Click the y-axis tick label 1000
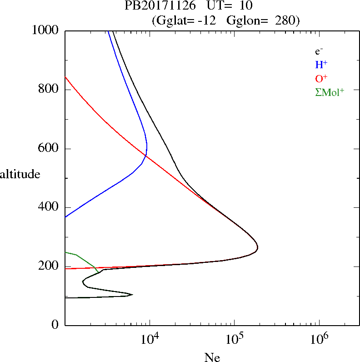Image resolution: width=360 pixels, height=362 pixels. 45,30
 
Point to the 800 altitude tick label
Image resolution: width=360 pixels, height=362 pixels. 49,90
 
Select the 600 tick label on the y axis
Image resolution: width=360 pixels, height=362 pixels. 49,149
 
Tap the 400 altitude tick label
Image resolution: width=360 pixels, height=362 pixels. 49,207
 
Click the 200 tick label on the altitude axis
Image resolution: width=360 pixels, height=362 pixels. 49,266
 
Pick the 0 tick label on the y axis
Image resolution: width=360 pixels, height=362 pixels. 56,325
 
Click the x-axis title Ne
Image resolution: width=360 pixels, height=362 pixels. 212,357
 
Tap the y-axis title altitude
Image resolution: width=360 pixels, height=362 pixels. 20,174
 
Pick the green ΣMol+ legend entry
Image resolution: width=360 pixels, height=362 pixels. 329,92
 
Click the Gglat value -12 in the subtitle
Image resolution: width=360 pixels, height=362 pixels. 208,20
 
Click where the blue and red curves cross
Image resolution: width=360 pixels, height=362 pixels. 145,156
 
